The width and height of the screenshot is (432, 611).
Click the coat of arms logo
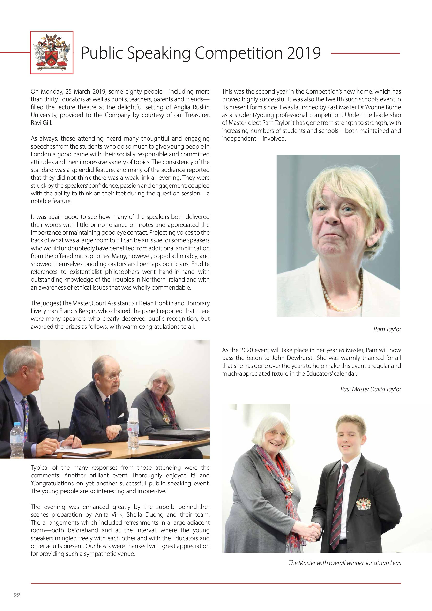52,52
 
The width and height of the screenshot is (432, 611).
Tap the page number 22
17,595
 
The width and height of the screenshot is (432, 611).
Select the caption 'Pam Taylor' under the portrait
387,329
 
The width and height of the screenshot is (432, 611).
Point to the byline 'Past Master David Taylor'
371,389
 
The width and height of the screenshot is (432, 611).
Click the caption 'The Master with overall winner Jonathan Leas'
344,563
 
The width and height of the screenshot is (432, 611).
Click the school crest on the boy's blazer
361,504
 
